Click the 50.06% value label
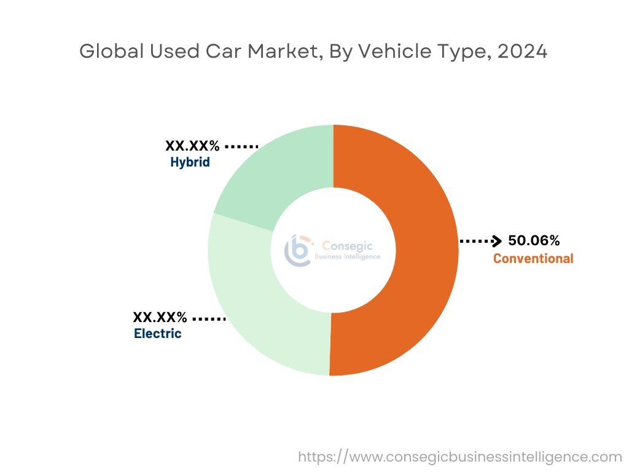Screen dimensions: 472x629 pyautogui.click(x=534, y=241)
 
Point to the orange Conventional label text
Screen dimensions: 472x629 pyautogui.click(x=533, y=258)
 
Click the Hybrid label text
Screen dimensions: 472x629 pyautogui.click(x=190, y=162)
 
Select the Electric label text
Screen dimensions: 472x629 pyautogui.click(x=158, y=334)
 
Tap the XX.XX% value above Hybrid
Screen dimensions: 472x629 pyautogui.click(x=192, y=146)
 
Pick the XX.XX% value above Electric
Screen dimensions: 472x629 pyautogui.click(x=160, y=318)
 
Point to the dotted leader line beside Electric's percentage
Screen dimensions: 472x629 pyautogui.click(x=209, y=319)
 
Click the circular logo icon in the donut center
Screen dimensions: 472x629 pyautogui.click(x=297, y=250)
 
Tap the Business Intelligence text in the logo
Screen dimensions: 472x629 pyautogui.click(x=347, y=256)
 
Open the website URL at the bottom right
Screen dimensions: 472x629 pyautogui.click(x=460, y=457)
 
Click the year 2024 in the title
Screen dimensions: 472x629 pyautogui.click(x=522, y=52)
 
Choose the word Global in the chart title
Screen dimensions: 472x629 pyautogui.click(x=109, y=52)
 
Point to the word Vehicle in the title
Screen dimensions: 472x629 pyautogui.click(x=382, y=52)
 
